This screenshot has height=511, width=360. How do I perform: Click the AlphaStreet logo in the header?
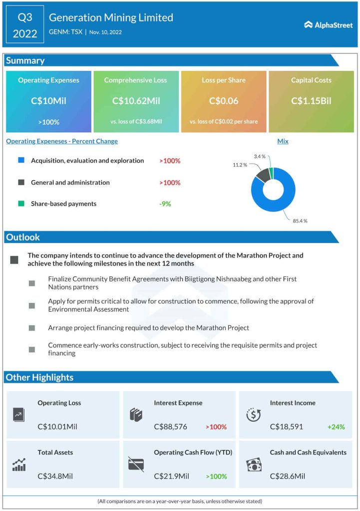point(328,24)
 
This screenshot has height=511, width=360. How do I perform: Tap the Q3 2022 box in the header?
point(25,25)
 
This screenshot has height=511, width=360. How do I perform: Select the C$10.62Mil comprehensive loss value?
point(136,101)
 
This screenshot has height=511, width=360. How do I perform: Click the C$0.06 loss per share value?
point(223,101)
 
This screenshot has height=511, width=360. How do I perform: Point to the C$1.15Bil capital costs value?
point(311,101)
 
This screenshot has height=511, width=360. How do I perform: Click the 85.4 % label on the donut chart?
point(300,221)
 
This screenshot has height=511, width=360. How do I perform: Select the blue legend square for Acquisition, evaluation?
point(21,161)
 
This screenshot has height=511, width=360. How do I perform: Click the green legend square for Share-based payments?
point(21,204)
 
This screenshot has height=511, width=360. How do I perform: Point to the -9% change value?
point(165,204)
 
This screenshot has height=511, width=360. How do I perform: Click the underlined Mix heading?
point(283,141)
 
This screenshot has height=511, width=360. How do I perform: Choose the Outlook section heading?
point(23,237)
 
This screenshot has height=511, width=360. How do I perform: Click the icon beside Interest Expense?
point(136,415)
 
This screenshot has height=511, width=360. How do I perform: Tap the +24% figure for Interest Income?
point(336,427)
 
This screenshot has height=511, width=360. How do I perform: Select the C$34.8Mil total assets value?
point(55,476)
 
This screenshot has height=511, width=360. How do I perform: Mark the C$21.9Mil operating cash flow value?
point(171,476)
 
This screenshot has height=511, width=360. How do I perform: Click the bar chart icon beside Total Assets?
point(19,465)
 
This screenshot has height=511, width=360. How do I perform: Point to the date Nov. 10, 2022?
point(105,32)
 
